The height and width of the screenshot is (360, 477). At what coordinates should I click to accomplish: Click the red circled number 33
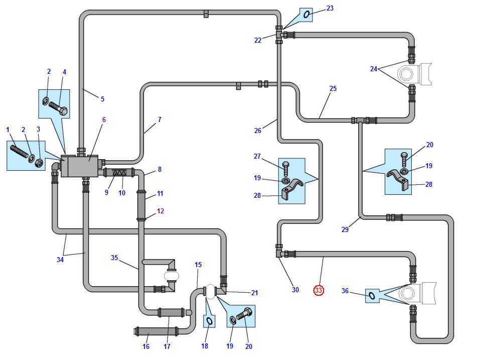click(x=318, y=290)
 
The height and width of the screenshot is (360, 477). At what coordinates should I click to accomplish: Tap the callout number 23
click(x=330, y=8)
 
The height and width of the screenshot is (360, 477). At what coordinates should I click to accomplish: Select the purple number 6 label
click(x=104, y=119)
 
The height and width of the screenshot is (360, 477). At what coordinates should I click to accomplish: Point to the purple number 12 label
click(x=161, y=211)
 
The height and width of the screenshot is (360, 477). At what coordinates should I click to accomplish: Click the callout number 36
click(x=345, y=291)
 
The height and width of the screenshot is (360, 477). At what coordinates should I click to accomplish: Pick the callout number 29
click(x=345, y=229)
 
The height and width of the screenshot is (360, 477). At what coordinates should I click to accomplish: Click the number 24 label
click(x=374, y=69)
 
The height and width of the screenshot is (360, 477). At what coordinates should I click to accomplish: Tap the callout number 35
click(x=114, y=258)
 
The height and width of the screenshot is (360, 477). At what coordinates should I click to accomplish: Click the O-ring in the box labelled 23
click(x=307, y=15)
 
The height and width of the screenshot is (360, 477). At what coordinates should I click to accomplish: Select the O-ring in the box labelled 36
click(x=372, y=295)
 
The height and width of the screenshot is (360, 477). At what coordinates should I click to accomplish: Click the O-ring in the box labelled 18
click(x=209, y=321)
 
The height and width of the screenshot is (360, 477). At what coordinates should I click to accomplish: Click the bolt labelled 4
click(x=58, y=108)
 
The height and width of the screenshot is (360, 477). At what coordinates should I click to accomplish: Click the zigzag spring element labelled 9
click(x=119, y=172)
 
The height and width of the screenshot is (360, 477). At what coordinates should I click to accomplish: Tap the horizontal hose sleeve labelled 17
click(x=171, y=312)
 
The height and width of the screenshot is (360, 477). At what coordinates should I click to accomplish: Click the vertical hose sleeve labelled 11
click(x=141, y=205)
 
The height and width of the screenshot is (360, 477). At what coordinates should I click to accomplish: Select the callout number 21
click(x=255, y=293)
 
